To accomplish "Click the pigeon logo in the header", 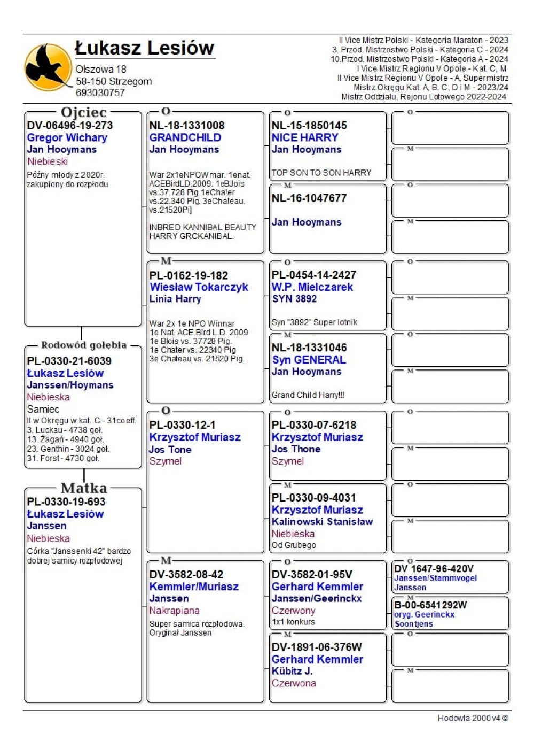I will tap(49, 67).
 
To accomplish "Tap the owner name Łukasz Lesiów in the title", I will tap(145, 48).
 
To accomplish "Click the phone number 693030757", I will tap(100, 92).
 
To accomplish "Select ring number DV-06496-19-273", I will tap(70, 126).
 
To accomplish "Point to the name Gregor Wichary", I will tap(67, 138).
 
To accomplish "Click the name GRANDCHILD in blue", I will tap(185, 137).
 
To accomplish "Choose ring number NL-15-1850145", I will tap(309, 126).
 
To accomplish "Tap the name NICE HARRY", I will tap(305, 137).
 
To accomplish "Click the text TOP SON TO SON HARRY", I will tap(321, 173).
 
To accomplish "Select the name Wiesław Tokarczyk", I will tap(199, 287).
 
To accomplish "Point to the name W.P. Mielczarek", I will tap(312, 287).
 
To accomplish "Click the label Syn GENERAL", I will tap(309, 360).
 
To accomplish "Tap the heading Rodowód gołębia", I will tap(84, 345).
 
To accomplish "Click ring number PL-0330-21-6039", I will tap(69, 361).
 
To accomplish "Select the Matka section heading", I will tap(84, 488).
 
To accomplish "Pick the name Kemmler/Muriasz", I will tap(194, 587).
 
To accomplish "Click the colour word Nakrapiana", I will tap(174, 611).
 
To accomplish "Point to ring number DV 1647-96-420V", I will tap(434, 569).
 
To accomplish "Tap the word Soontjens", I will tap(413, 624).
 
